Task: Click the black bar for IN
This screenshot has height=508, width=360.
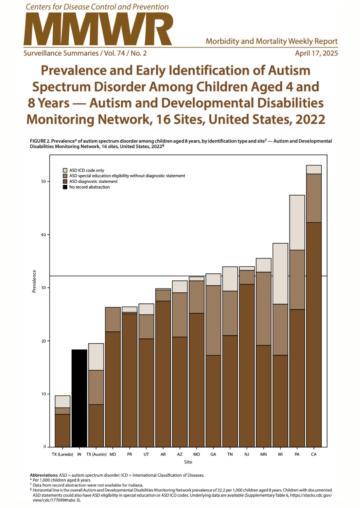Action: (x=79, y=398)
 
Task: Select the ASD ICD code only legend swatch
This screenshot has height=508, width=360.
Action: (x=65, y=170)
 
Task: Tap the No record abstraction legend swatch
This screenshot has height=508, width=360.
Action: (x=65, y=187)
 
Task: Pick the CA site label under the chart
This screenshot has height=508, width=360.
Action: (x=314, y=454)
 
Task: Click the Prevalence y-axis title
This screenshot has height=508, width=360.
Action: (x=35, y=282)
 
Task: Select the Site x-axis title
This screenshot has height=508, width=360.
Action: (x=188, y=462)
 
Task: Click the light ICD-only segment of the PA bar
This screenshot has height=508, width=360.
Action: (x=297, y=222)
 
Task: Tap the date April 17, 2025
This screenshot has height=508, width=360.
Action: (x=316, y=54)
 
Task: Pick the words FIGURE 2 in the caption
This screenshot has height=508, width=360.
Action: (x=41, y=141)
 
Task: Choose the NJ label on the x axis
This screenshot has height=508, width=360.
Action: (x=247, y=454)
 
